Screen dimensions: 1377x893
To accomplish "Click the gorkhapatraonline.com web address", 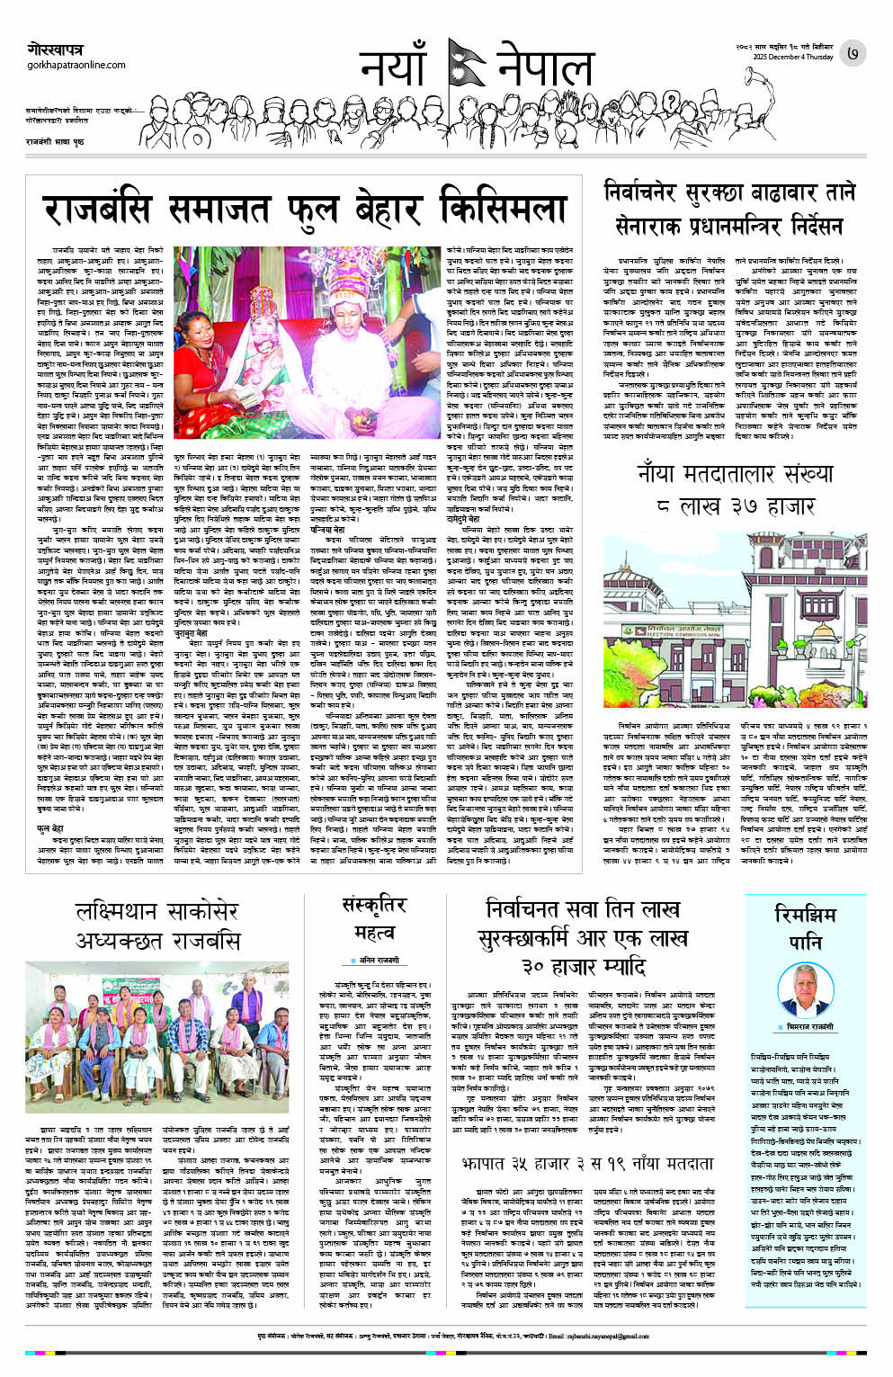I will [76, 66].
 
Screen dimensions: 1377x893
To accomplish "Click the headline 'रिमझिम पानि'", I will [805, 926].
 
